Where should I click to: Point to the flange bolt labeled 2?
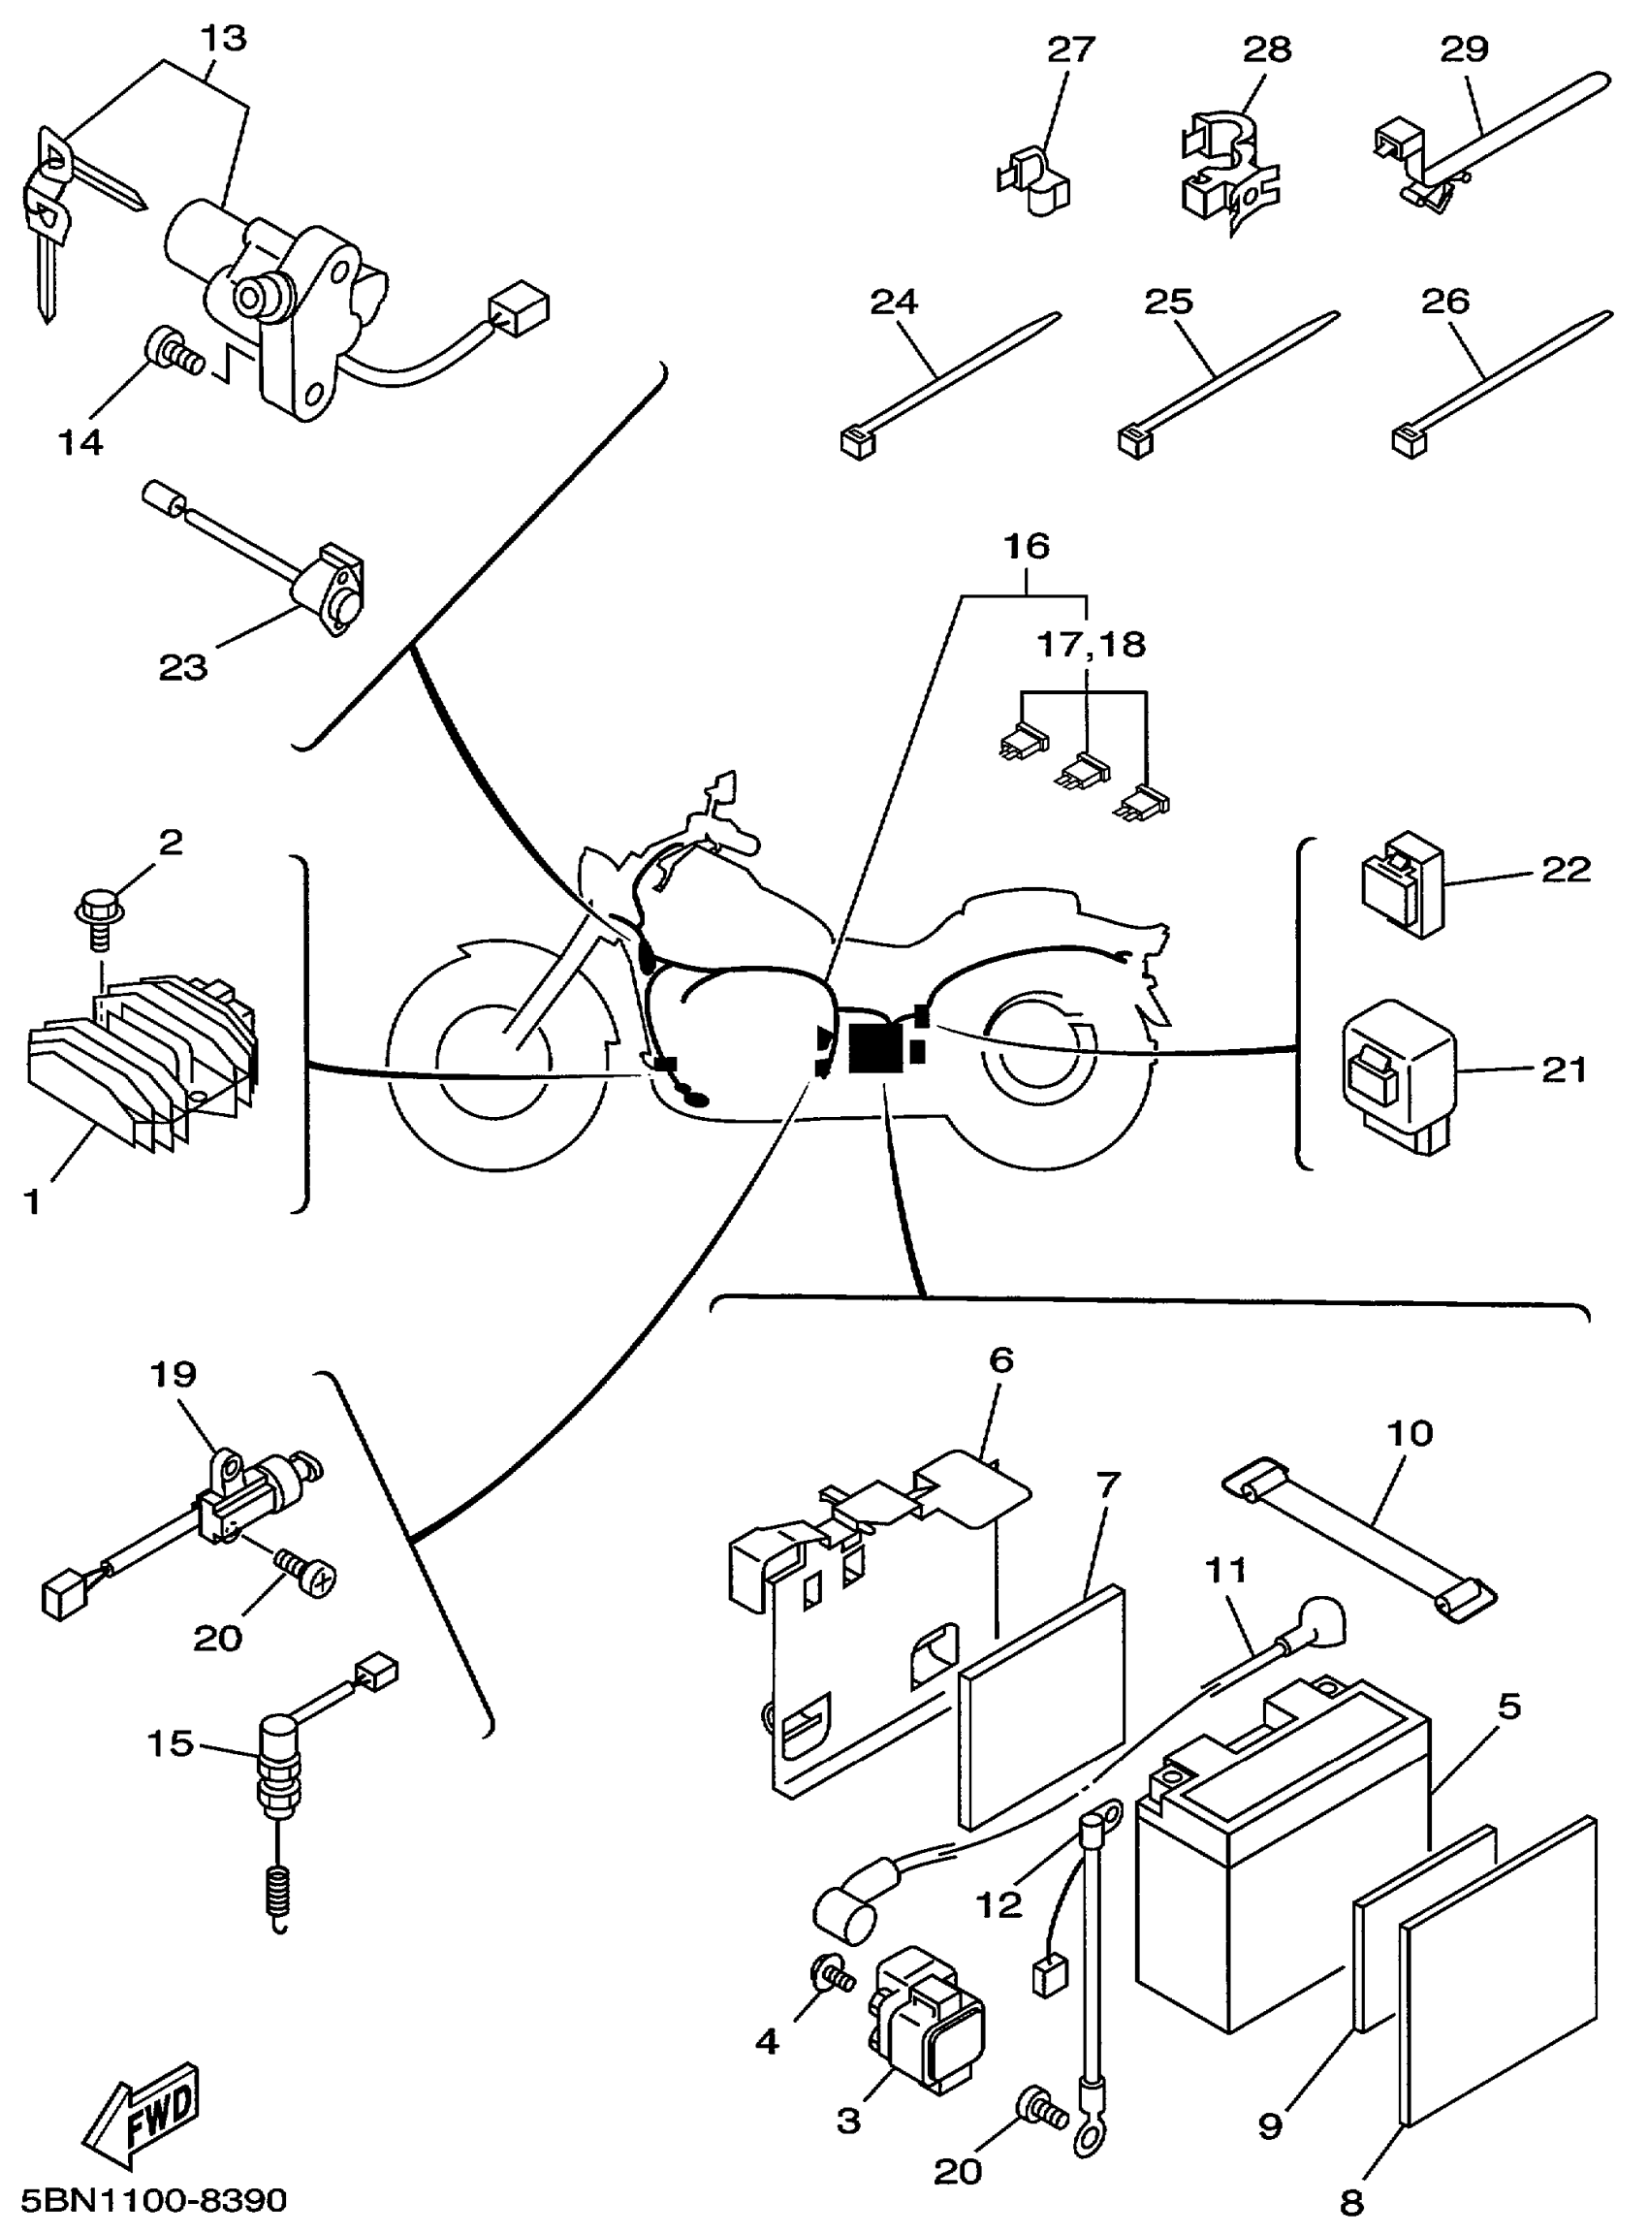100,914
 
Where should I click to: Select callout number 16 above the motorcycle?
1027,546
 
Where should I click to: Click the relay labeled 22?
1402,884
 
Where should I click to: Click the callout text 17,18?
1092,645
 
